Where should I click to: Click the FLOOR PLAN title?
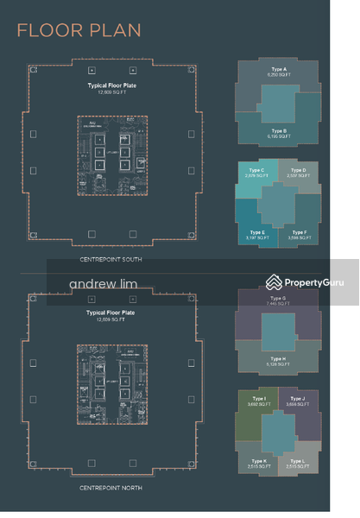[79, 31]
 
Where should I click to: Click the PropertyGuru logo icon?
[274, 281]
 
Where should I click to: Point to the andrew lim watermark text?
[102, 283]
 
